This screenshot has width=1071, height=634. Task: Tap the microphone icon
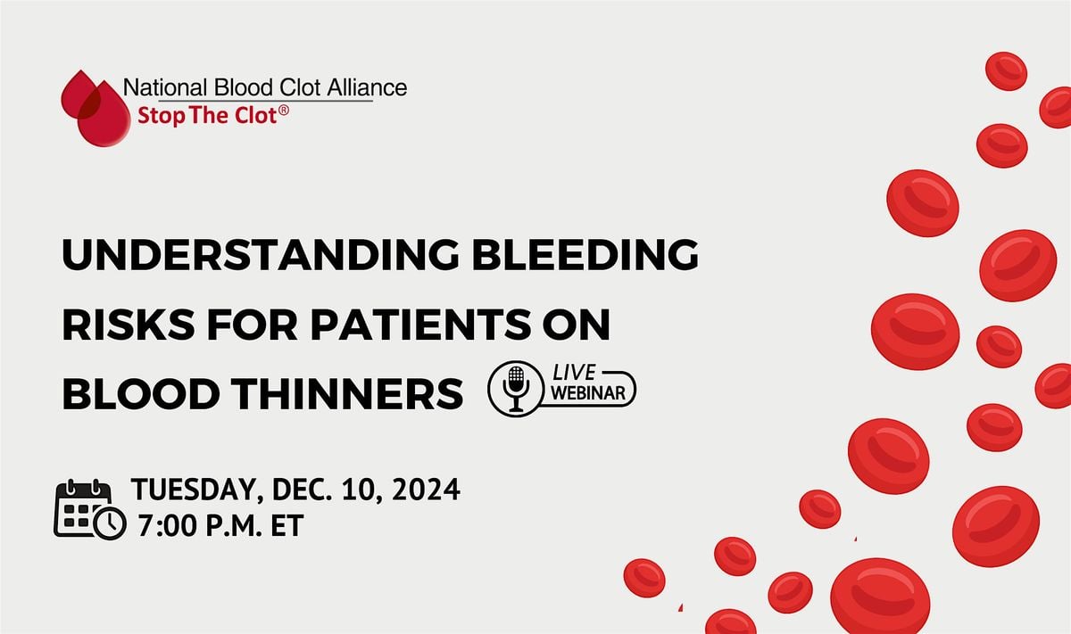[516, 391]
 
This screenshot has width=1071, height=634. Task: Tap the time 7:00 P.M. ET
[220, 526]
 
